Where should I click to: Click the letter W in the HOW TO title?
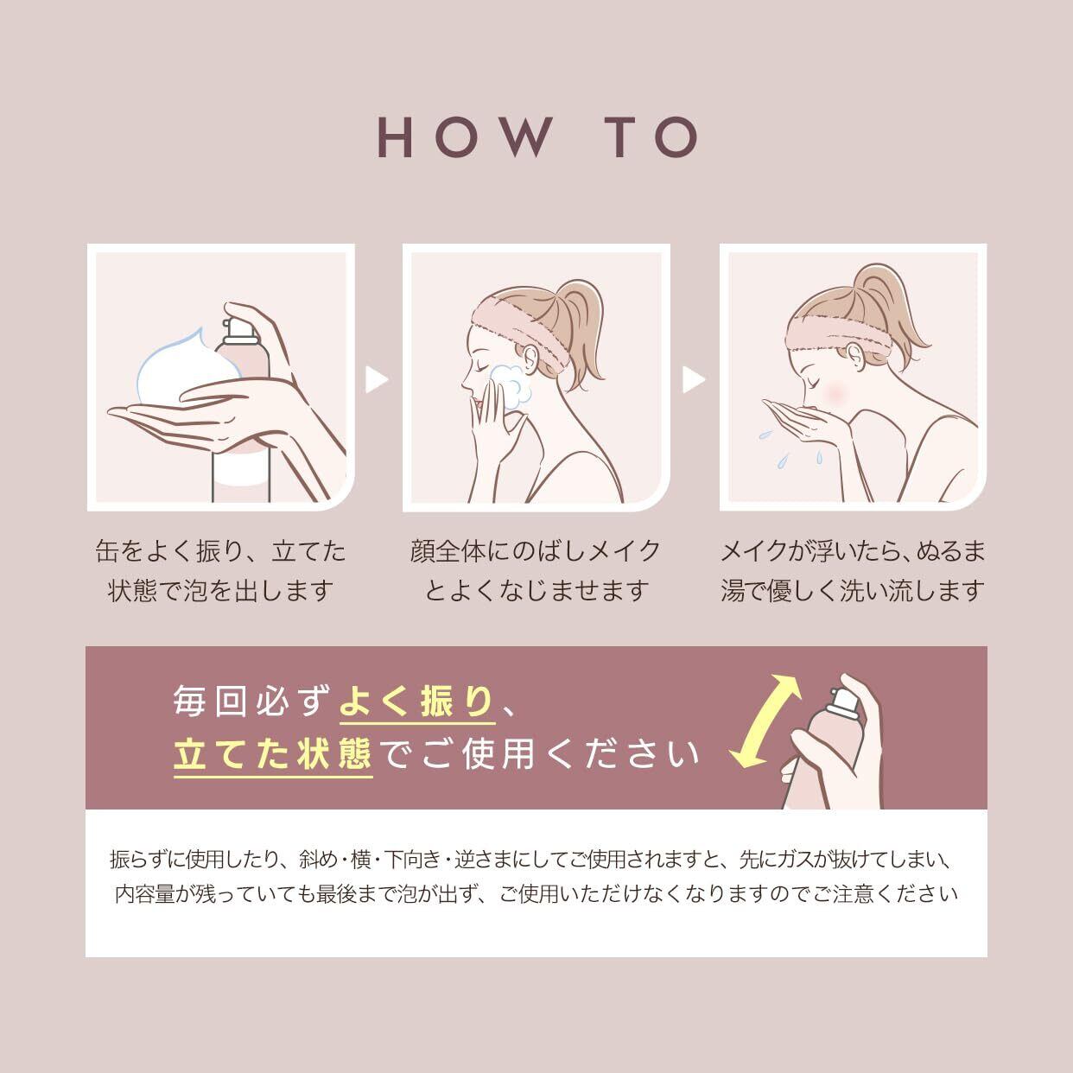pyautogui.click(x=523, y=137)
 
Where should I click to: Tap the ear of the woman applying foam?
pyautogui.click(x=530, y=359)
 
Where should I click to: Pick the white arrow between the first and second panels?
pyautogui.click(x=377, y=380)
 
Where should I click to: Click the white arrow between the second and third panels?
pyautogui.click(x=694, y=380)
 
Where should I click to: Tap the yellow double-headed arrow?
pyautogui.click(x=765, y=721)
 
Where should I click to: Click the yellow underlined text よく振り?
pyautogui.click(x=416, y=701)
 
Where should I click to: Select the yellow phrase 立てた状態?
pyautogui.click(x=272, y=754)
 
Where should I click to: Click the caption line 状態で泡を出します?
pyautogui.click(x=221, y=591)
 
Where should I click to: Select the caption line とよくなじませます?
pyautogui.click(x=536, y=591)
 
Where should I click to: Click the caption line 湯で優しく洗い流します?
pyautogui.click(x=852, y=591)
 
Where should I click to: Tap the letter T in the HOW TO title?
pyautogui.click(x=620, y=137)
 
